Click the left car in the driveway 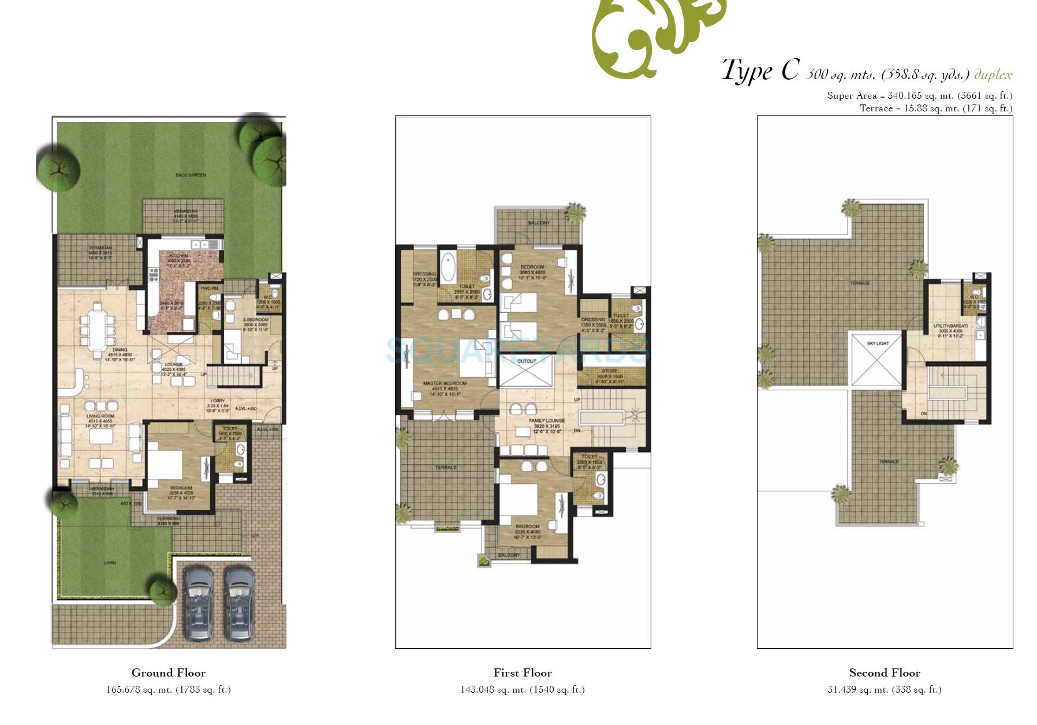(197, 603)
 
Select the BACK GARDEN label (191, 175)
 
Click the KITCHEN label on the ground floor (178, 256)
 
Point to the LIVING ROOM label (100, 416)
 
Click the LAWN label (110, 562)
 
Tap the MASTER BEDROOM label (445, 383)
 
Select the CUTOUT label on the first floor (527, 361)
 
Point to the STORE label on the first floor (609, 371)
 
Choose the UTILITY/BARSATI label (950, 326)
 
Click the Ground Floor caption (169, 672)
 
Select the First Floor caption (523, 672)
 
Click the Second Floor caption (885, 672)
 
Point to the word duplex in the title (993, 74)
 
